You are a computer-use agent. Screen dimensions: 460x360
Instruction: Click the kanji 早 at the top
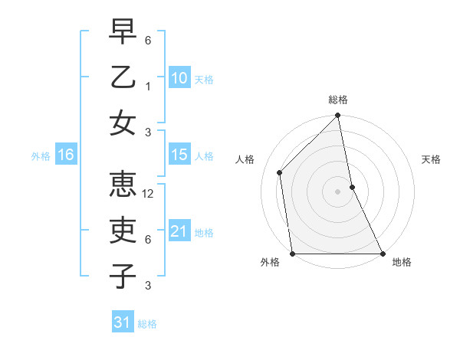123,32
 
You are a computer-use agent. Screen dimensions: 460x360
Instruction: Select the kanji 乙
123,77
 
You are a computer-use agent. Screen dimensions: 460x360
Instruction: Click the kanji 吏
123,231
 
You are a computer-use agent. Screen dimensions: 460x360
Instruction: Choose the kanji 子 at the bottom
123,275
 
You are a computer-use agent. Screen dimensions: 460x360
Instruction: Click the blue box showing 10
179,77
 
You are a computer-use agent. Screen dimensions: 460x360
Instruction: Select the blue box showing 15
179,155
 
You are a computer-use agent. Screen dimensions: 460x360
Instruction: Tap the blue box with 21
179,231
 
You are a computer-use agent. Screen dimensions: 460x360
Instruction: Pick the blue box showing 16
66,155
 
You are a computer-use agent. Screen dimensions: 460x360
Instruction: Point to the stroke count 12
149,194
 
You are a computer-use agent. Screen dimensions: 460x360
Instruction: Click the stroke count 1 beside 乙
147,86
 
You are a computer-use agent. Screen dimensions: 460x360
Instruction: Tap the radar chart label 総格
337,100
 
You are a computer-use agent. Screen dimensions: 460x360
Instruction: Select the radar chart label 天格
431,159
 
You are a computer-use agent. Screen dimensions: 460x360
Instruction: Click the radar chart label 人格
245,159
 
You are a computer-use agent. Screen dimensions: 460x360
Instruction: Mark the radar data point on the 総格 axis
337,116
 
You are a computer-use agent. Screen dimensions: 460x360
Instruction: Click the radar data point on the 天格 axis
352,187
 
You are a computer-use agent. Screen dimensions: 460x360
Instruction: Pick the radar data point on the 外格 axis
292,254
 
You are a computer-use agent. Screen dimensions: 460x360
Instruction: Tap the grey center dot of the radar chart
337,191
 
